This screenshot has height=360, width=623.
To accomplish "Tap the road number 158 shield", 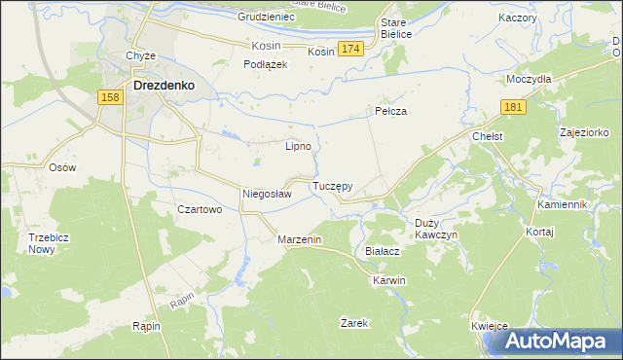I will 110,98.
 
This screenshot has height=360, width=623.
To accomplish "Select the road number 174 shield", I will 351,49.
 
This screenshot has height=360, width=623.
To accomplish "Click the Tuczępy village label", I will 332,185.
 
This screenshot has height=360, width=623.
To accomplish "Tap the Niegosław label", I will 267,194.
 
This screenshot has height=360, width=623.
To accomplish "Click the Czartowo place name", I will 201,209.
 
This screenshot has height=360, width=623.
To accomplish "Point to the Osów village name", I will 62,167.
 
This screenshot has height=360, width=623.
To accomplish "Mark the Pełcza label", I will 390,112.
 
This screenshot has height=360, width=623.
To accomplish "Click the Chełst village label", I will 487,137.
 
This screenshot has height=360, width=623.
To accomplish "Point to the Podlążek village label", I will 263,64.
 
